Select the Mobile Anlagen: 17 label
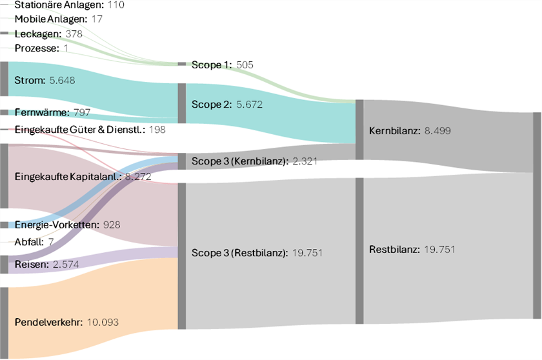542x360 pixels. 59,19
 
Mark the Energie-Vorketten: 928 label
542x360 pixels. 67,225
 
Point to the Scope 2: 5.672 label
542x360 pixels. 226,103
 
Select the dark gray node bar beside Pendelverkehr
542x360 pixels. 4,323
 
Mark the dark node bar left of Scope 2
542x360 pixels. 182,103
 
